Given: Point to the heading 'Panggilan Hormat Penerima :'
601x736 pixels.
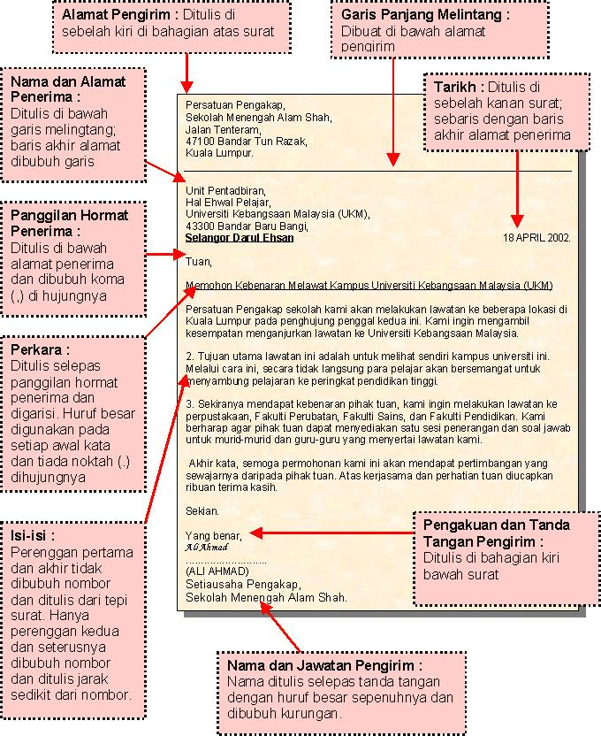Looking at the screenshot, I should click(69, 223).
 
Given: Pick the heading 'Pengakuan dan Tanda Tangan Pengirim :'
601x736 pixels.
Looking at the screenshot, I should click(496, 533).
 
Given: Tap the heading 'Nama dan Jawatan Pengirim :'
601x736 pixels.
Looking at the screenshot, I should click(324, 665).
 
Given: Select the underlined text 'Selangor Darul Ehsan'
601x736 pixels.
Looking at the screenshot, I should click(240, 238).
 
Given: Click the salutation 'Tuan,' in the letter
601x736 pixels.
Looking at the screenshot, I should click(199, 261).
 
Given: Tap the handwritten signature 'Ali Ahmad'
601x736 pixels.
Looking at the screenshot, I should click(206, 547).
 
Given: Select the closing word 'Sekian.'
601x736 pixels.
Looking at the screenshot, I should click(202, 510).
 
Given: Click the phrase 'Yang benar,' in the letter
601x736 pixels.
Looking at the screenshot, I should click(212, 534).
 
